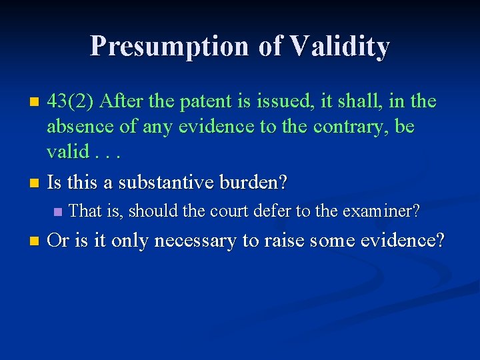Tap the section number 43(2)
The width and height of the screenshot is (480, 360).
(72, 101)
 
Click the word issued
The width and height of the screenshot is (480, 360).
(287, 101)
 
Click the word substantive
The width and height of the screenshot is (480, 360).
(176, 182)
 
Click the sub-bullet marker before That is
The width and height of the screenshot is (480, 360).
(57, 212)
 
